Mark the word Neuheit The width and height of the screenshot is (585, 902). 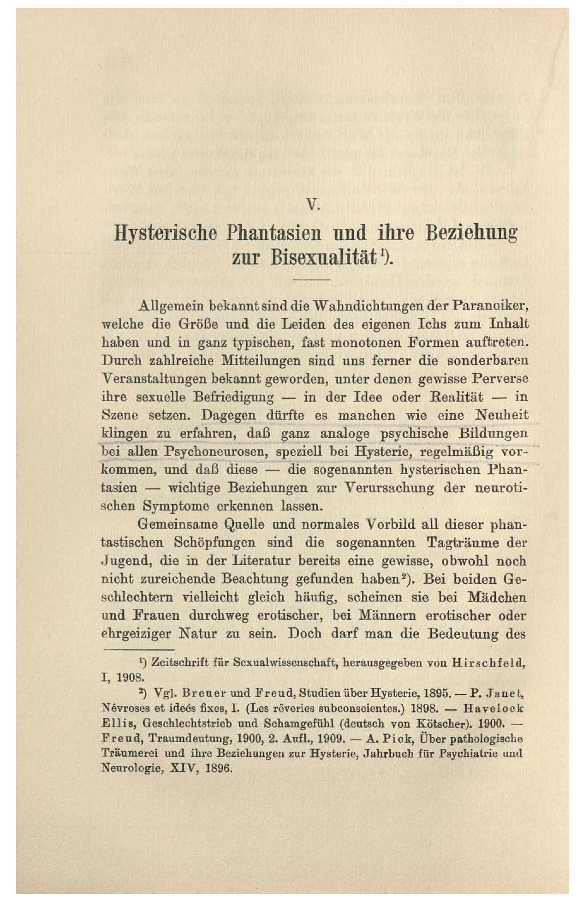[502, 415]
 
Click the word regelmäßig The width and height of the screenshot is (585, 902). [457, 451]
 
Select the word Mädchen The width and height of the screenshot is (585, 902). [497, 597]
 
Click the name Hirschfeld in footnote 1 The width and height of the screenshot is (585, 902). [488, 663]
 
